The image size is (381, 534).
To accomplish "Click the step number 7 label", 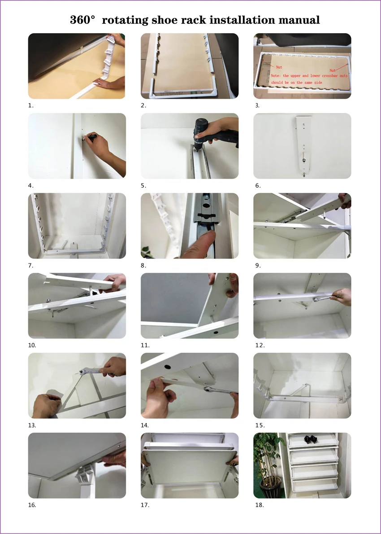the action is point(30,265).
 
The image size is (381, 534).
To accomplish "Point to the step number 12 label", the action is point(260,346).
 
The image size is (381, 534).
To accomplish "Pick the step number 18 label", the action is point(260,505).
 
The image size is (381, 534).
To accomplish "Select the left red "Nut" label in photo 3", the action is point(279,67).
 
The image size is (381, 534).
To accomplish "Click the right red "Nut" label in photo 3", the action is point(332,70).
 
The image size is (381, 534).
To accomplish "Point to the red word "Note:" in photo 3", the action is point(276,75).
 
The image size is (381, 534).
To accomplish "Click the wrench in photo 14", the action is point(218,390).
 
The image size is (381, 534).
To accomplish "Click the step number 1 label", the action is point(30,105).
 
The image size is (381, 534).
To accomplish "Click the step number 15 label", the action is point(260,425).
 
